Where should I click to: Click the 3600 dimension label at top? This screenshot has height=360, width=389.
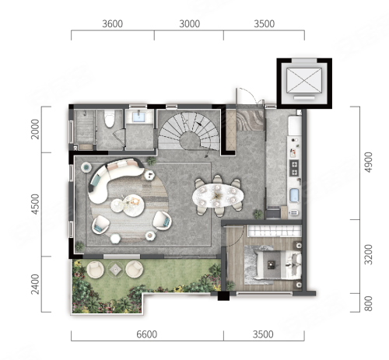coord(112,24)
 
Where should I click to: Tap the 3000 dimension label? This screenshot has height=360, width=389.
coord(190,24)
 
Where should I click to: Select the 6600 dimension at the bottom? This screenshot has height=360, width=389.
coord(147,334)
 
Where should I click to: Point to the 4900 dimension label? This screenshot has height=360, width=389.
coord(368,163)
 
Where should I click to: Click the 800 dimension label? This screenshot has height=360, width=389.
coord(368,303)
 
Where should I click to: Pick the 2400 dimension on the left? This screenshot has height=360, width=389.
coord(35,285)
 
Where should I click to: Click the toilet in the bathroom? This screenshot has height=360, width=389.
coord(109,119)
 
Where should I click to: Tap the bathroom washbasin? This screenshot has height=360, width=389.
coord(139,116)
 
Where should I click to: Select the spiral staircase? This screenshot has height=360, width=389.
coord(189,131)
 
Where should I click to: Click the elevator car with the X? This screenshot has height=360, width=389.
coord(304,80)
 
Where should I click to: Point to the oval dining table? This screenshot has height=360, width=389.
coord(218,195)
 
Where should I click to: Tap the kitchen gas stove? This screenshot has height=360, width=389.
coord(294,168)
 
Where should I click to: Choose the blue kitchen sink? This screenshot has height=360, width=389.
coord(294,195)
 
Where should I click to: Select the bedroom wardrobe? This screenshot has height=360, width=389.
coord(275,231)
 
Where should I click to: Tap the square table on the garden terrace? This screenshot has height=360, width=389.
coord(115,270)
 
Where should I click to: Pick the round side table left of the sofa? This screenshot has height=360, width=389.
coord(86,167)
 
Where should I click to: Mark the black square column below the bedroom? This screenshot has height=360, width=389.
coord(223,296)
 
